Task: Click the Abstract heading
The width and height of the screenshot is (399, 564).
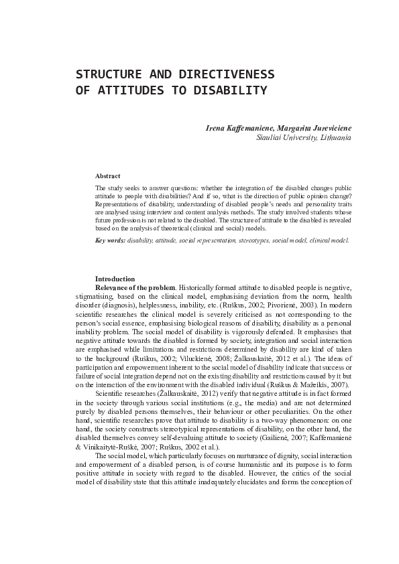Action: point(107,175)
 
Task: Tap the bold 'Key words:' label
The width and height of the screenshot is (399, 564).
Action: point(110,239)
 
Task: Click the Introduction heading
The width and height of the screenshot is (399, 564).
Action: point(115,279)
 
